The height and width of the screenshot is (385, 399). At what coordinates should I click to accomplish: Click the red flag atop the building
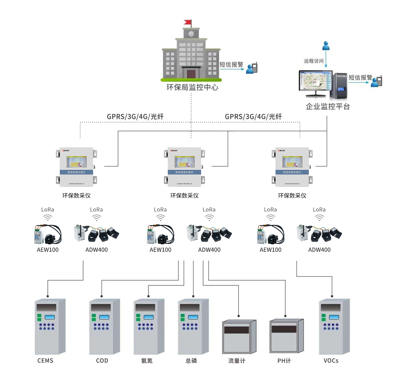coord(188,22)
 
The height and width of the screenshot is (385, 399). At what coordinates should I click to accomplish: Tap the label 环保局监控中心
coord(192,87)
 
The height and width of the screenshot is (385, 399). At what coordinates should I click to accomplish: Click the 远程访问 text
coord(314,61)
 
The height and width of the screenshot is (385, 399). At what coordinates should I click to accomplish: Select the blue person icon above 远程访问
coord(326,46)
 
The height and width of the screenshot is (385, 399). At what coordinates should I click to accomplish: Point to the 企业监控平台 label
coord(328,106)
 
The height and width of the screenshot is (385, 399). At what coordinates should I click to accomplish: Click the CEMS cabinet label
coord(45,361)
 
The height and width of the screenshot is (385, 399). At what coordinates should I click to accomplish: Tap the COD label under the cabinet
coord(102,361)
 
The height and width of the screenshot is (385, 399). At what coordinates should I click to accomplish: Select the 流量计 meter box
coord(239,336)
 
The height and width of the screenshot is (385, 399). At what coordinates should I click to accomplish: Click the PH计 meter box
coord(286,336)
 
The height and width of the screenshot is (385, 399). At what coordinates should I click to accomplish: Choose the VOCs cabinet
coord(334,326)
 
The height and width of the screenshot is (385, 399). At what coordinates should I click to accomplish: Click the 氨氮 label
coord(147,361)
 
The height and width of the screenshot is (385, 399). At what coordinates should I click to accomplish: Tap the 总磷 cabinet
coord(193,326)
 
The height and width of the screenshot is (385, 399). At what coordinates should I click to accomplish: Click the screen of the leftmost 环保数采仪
coord(77,161)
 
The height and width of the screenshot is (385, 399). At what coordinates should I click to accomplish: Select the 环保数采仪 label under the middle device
coord(184,196)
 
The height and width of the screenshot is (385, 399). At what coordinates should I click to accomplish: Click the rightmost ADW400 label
coord(319,250)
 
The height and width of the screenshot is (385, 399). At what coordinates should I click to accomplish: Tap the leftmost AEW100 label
coord(48,250)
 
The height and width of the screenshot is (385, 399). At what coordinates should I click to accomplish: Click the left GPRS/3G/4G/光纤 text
coord(135,117)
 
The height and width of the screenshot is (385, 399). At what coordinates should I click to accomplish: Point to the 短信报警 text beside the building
coord(231,64)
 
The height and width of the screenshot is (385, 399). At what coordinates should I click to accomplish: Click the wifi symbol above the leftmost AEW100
coord(48,218)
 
